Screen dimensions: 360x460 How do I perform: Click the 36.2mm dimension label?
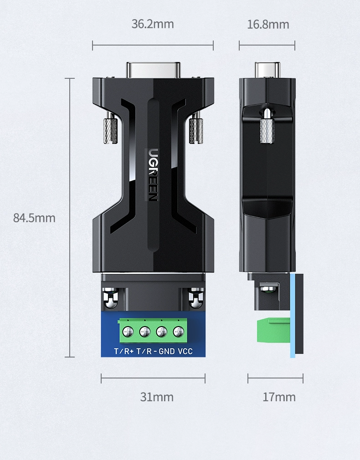[153, 24]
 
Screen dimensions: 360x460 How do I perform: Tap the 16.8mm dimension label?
[268, 24]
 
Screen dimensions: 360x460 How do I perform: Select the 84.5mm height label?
[34, 218]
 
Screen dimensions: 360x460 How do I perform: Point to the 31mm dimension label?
[157, 397]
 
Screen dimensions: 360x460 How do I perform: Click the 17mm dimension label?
[279, 397]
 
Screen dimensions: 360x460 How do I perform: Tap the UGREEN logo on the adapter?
[153, 175]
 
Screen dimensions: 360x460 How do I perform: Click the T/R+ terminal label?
[123, 351]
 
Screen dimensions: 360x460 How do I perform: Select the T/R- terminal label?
[147, 351]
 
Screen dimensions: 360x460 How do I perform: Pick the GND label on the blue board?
[167, 351]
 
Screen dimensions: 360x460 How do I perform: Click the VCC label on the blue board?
[185, 351]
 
